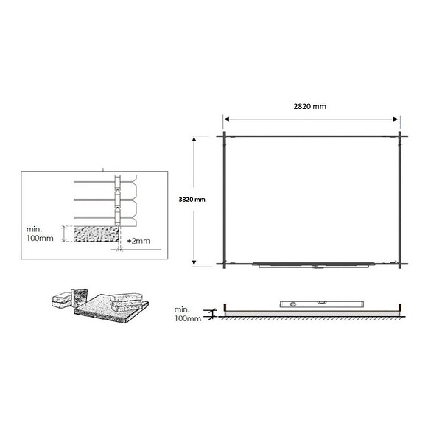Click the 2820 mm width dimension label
click(x=310, y=106)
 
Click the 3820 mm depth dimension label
click(x=192, y=200)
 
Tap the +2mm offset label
click(x=138, y=241)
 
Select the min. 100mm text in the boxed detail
click(x=40, y=234)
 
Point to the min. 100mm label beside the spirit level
click(x=188, y=314)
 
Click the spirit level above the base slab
click(x=322, y=304)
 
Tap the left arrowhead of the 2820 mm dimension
click(x=226, y=119)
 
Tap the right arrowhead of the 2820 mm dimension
click(x=396, y=119)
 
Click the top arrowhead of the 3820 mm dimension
click(x=194, y=139)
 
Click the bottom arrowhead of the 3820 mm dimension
click(x=194, y=262)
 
